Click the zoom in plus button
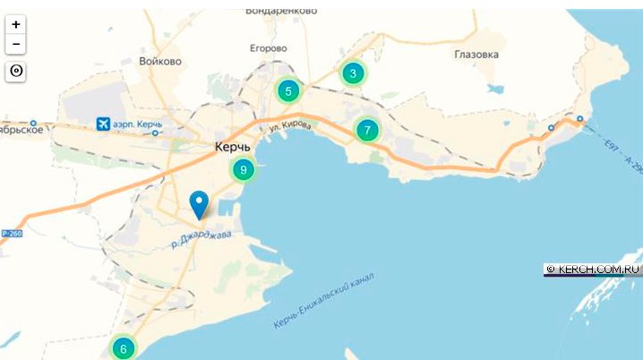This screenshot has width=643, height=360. tap(16, 25)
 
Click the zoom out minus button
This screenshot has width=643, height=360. tap(16, 44)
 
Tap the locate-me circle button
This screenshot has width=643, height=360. tap(16, 72)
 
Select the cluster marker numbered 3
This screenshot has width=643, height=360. tap(353, 73)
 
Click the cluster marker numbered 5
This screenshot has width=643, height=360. tap(288, 90)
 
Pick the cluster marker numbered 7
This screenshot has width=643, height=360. tap(366, 130)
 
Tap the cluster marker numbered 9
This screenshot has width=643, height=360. tap(243, 169)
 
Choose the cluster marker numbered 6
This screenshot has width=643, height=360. tap(123, 347)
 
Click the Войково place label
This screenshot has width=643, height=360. tap(160, 62)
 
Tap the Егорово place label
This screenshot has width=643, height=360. tap(268, 47)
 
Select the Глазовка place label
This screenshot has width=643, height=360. tap(476, 54)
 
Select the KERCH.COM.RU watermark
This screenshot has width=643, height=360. tap(594, 268)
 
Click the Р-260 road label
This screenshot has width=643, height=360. tap(10, 233)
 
